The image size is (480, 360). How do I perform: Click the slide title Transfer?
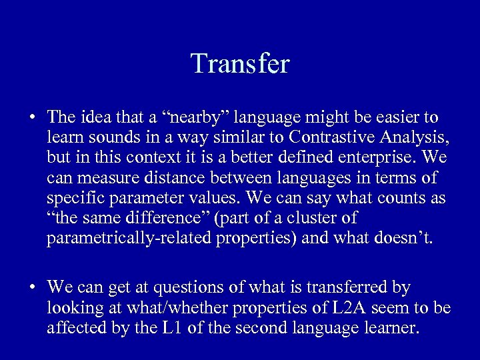pos(240,64)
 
